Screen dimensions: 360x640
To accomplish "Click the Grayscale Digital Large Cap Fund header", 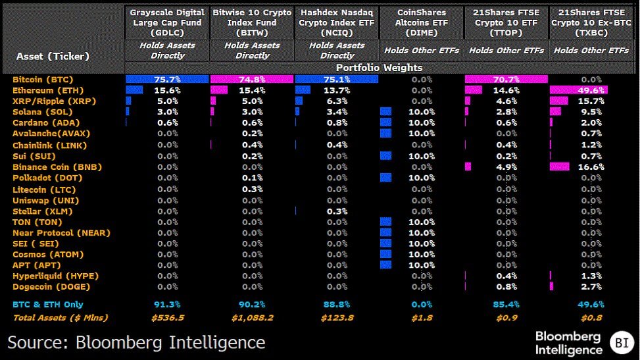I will tap(167, 22).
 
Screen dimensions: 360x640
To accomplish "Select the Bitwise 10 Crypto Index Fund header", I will tap(252, 22).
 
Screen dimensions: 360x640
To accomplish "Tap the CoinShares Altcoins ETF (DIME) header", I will tap(421, 22).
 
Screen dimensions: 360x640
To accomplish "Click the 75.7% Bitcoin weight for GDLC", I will tap(167, 80).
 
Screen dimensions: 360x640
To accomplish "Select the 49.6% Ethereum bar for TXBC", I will tap(578, 90).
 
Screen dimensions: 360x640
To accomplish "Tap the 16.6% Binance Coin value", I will tap(591, 167).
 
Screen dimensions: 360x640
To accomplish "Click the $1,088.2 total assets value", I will tap(252, 318).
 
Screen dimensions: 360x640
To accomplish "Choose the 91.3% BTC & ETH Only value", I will tap(167, 304).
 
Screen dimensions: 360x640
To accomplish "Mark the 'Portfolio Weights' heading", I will tap(379, 67).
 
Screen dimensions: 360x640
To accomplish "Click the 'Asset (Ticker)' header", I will tap(53, 57).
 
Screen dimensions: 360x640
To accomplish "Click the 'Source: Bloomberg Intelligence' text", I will tap(137, 342).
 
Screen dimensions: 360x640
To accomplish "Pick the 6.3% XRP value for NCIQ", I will tap(337, 101).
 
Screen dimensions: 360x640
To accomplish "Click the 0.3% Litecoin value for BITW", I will tap(252, 189).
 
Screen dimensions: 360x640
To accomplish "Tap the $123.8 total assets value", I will tap(337, 318).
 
